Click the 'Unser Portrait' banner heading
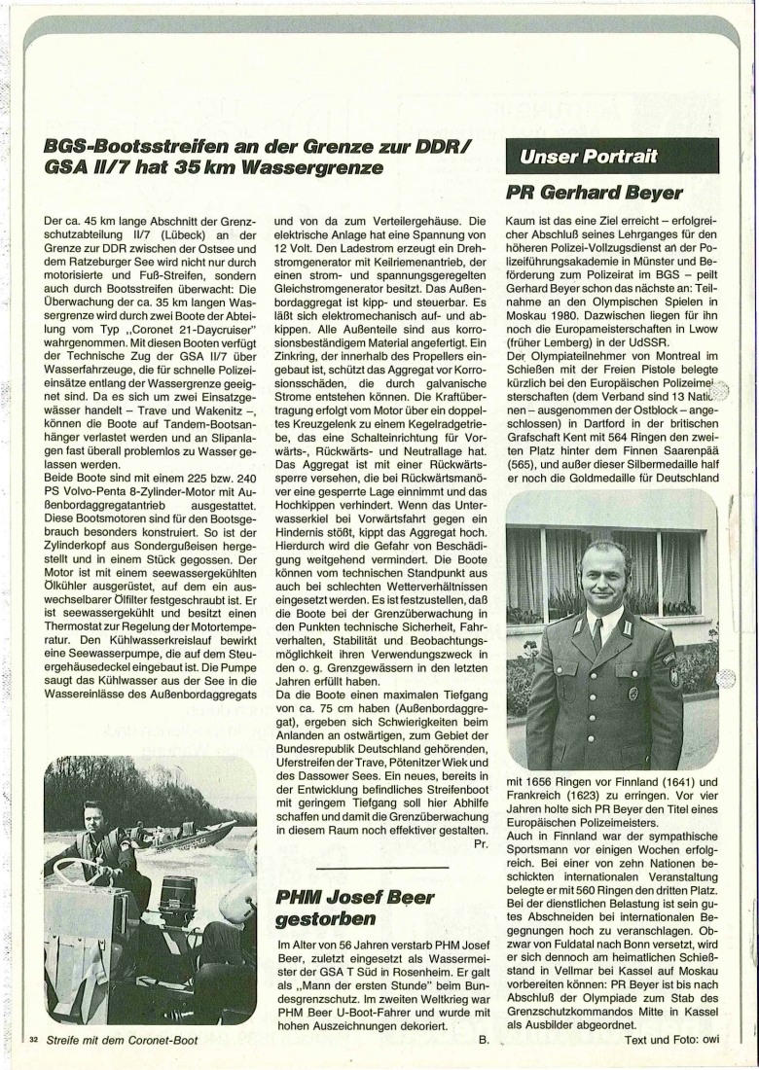(590, 156)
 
